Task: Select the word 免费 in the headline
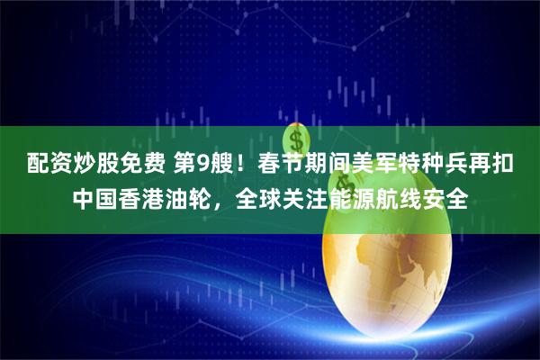coord(126,165)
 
